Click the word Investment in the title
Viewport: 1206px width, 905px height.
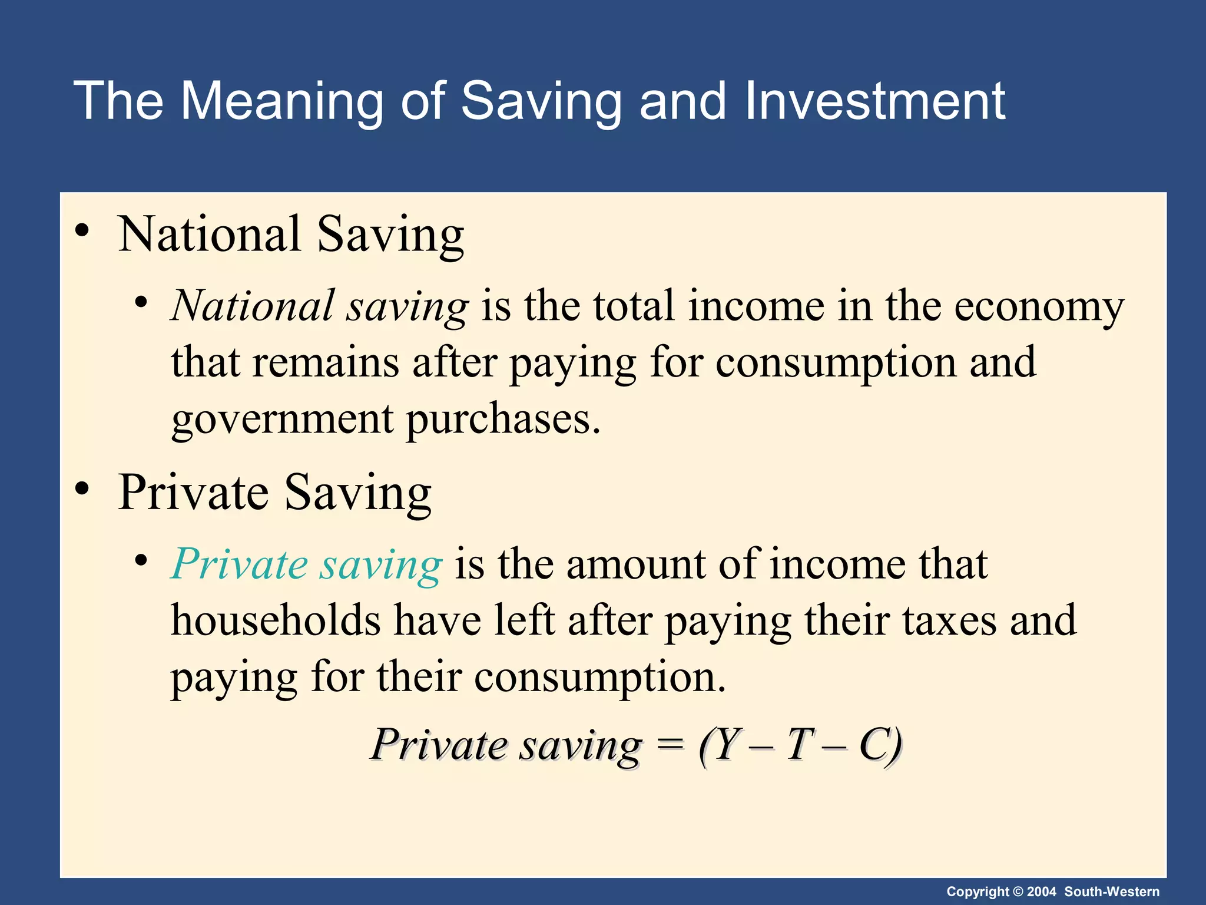[874, 101]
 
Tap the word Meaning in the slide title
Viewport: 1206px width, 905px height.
[283, 101]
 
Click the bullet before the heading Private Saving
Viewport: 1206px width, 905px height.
[82, 488]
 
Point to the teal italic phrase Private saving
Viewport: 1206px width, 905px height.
[306, 564]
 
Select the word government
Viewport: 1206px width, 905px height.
[282, 420]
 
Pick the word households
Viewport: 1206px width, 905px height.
[276, 620]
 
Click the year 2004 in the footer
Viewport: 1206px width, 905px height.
[1042, 891]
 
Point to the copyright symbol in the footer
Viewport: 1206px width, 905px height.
[1018, 891]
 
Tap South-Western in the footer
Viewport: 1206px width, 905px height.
[1112, 891]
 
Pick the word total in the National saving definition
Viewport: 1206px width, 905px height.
[633, 306]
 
